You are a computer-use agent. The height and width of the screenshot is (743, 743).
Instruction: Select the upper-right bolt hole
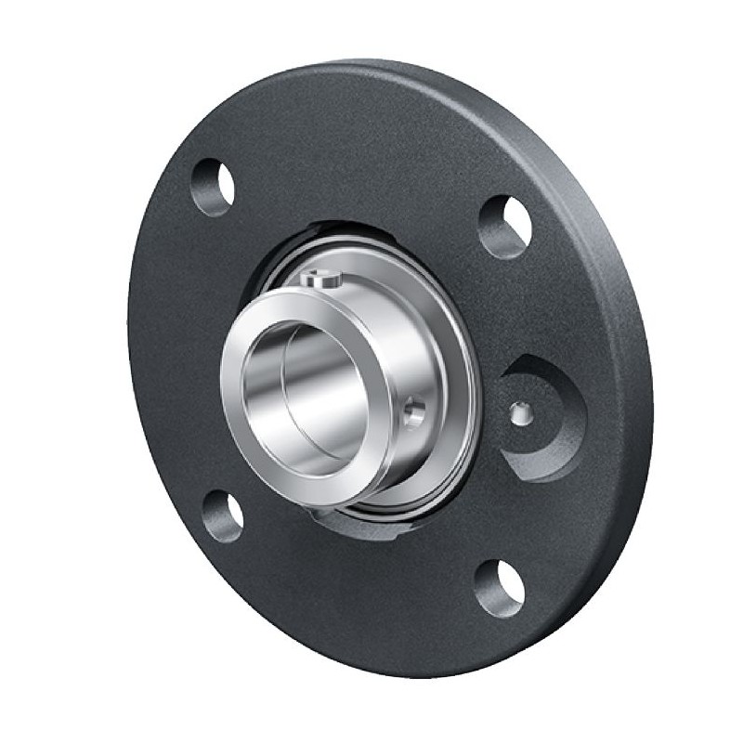click(505, 227)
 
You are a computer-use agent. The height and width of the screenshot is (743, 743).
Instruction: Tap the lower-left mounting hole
click(223, 516)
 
